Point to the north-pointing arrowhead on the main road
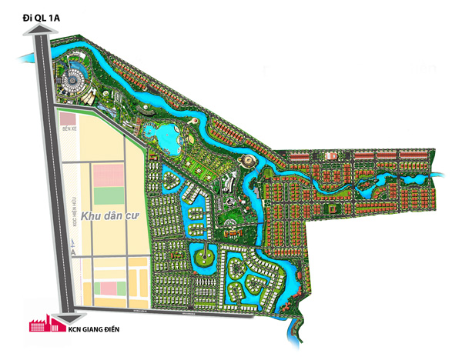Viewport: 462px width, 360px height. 39,31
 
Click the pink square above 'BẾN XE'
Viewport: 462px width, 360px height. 69,119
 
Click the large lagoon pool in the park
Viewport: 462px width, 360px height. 166,138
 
